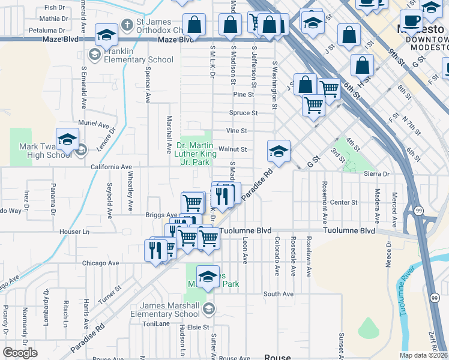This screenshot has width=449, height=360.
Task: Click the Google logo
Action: coord(20,353)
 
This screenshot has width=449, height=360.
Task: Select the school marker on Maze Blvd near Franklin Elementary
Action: coord(106,35)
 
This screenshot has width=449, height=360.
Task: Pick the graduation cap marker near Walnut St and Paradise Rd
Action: coord(279,152)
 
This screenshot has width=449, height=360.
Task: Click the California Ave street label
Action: coord(111,167)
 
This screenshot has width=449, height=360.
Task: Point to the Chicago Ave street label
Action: coord(100,263)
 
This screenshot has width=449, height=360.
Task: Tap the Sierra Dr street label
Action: coord(377,173)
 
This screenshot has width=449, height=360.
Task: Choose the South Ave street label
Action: coord(278,294)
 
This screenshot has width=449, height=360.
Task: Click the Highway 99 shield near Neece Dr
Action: coord(416,211)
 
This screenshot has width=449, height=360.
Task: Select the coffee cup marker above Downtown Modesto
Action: coord(411,20)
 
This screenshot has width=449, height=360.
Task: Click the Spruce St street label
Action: coord(243,112)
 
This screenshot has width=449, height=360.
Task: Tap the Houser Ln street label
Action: coord(74,231)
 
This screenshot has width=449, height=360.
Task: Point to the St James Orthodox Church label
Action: coord(153,26)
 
